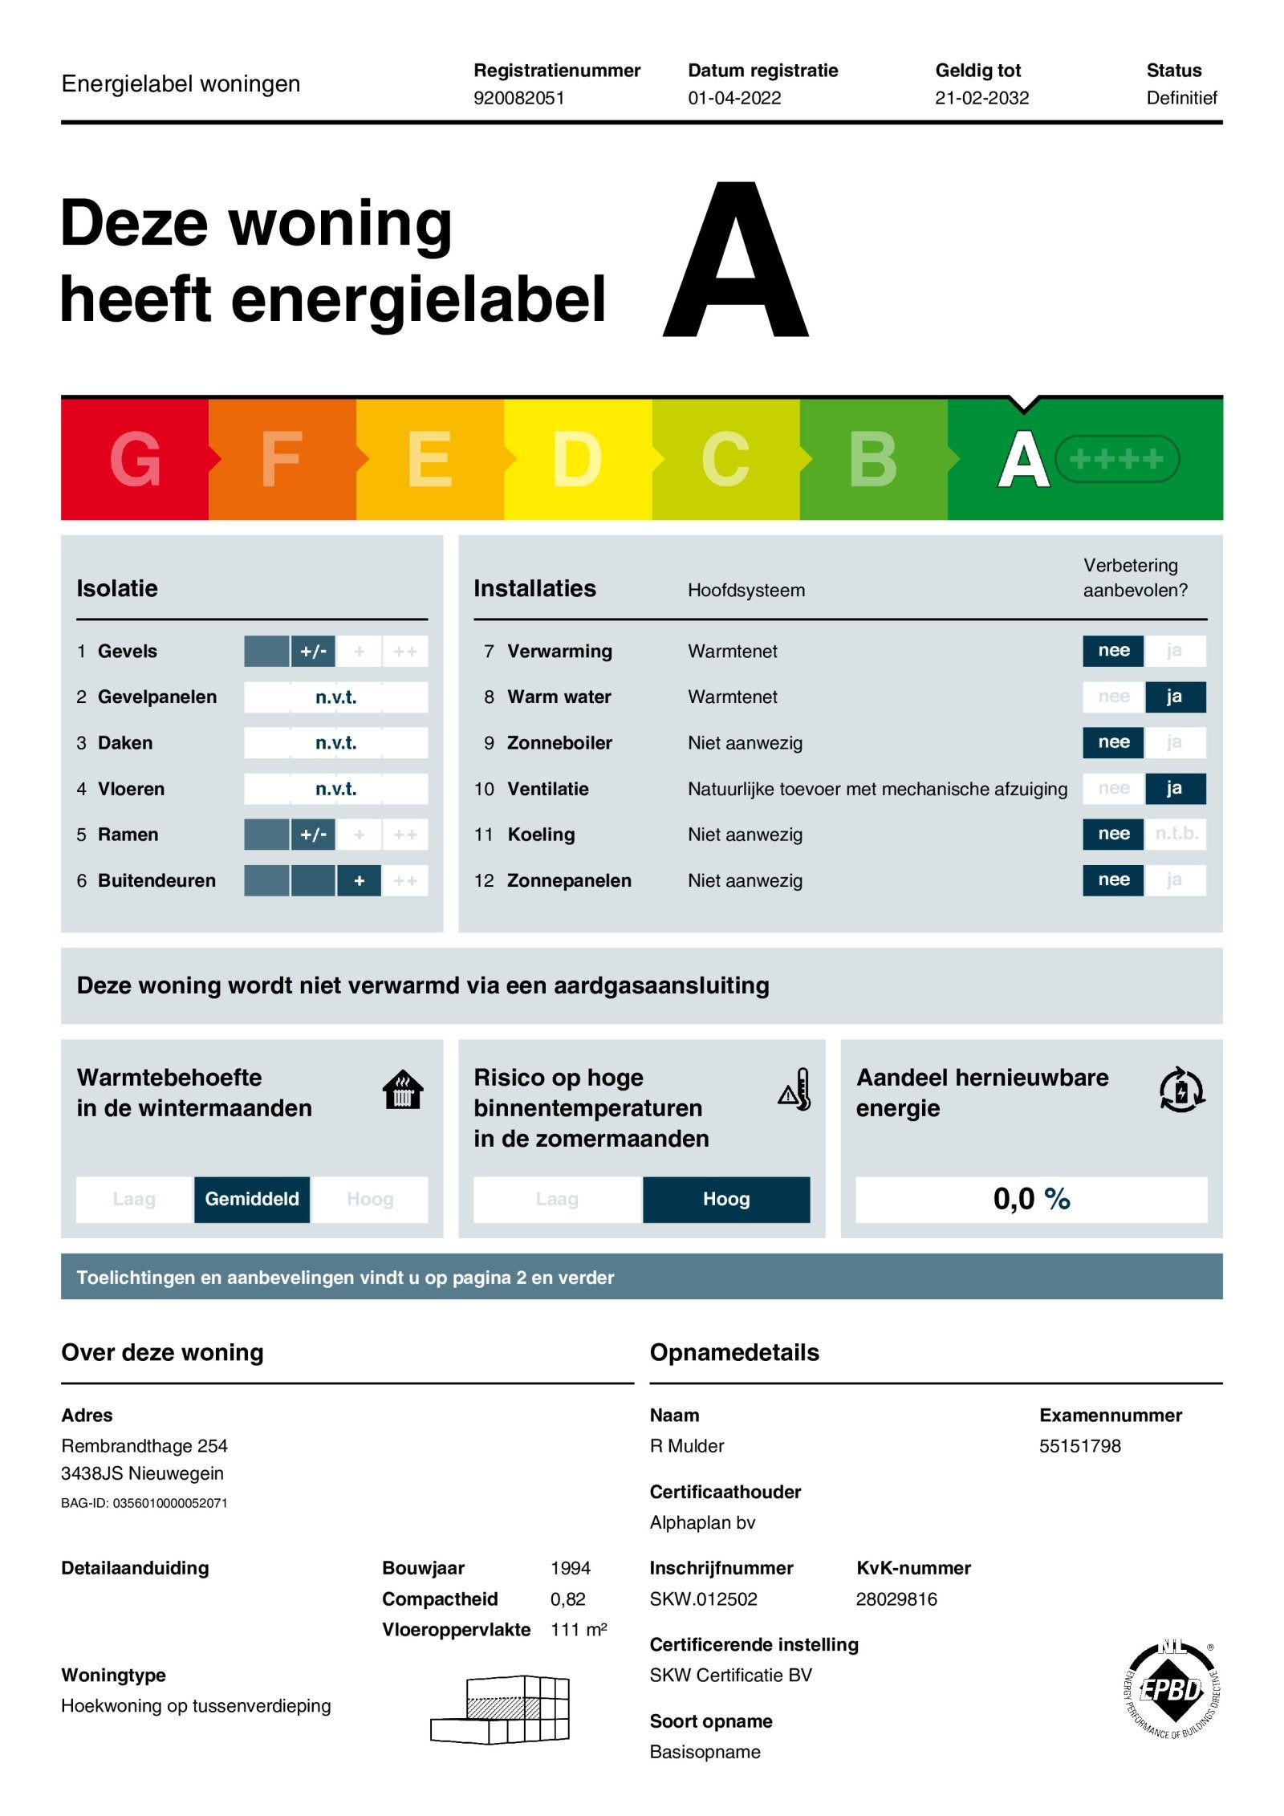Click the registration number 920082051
pyautogui.click(x=518, y=98)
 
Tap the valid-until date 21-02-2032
pyautogui.click(x=981, y=98)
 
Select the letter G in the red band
pyautogui.click(x=135, y=459)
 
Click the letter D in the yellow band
pyautogui.click(x=577, y=459)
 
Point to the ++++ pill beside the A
pyautogui.click(x=1116, y=459)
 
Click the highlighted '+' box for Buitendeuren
pyautogui.click(x=359, y=880)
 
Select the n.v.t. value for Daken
pyautogui.click(x=335, y=743)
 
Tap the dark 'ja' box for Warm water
pyautogui.click(x=1174, y=697)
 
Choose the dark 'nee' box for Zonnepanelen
pyautogui.click(x=1113, y=880)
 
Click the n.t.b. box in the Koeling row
pyautogui.click(x=1176, y=834)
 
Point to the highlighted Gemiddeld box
pyautogui.click(x=252, y=1199)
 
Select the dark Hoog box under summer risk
pyautogui.click(x=726, y=1199)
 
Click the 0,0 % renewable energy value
pyautogui.click(x=1031, y=1199)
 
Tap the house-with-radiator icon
pyautogui.click(x=403, y=1090)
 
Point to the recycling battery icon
pyautogui.click(x=1181, y=1090)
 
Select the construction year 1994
pyautogui.click(x=570, y=1568)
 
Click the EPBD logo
pyautogui.click(x=1172, y=1690)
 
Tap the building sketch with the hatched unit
pyautogui.click(x=501, y=1709)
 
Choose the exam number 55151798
pyautogui.click(x=1079, y=1446)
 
